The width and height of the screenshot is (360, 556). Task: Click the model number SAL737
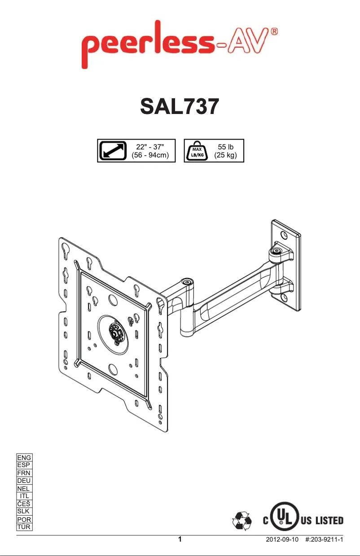(180, 107)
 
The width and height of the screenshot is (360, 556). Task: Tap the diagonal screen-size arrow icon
(113, 150)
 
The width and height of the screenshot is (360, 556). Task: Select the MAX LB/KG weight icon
(196, 151)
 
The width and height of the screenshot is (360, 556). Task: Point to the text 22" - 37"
(149, 146)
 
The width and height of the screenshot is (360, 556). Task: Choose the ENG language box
(24, 457)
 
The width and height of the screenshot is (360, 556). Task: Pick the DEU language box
(24, 481)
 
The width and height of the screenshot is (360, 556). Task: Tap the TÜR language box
(24, 527)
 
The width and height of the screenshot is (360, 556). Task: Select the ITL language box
(24, 496)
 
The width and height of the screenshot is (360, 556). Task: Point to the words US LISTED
(322, 521)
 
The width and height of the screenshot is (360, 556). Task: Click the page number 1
(180, 539)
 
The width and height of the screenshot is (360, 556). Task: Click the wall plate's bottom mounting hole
(284, 297)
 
